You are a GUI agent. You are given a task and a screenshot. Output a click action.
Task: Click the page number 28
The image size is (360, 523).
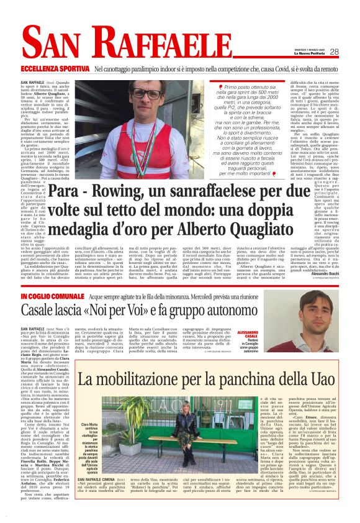334,52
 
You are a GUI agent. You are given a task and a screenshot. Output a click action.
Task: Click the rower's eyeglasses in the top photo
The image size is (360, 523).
146,94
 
